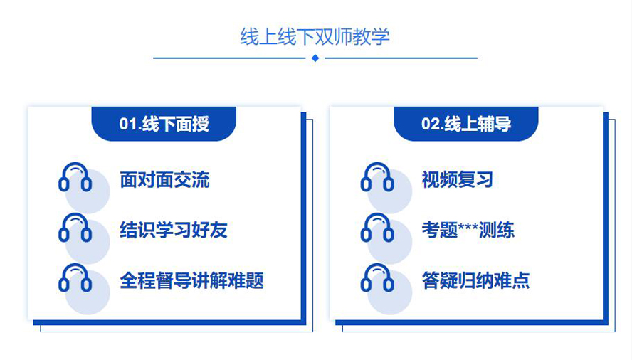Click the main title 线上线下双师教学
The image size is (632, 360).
[x=315, y=37]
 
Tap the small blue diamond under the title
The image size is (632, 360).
[x=315, y=58]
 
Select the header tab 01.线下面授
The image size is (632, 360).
[x=164, y=124]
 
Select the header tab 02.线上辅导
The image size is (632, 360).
[x=466, y=124]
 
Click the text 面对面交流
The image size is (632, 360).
[x=164, y=180]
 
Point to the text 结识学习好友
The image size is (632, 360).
[x=174, y=231]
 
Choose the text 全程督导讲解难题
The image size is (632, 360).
[x=191, y=280]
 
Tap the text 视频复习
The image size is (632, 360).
[x=457, y=180]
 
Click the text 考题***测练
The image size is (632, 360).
[x=468, y=231]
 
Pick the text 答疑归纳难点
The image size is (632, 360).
[x=475, y=280]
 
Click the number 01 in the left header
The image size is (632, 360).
[x=129, y=125]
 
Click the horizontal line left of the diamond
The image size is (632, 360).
[x=229, y=58]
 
